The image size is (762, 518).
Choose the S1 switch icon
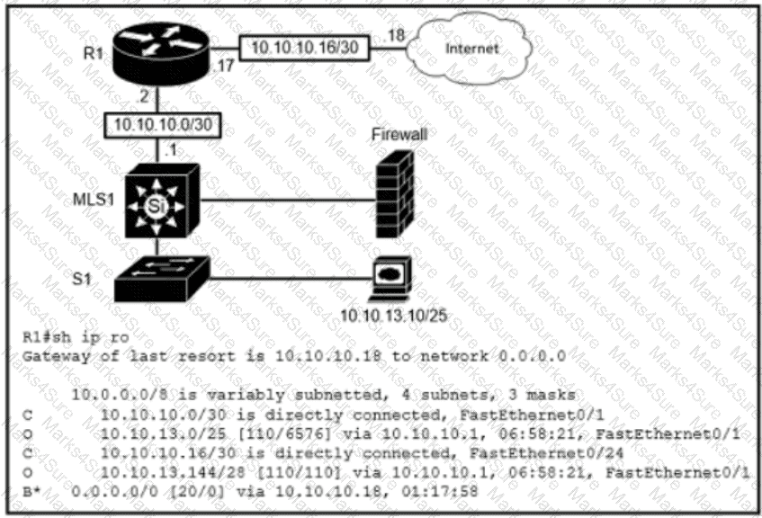pyautogui.click(x=163, y=278)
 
